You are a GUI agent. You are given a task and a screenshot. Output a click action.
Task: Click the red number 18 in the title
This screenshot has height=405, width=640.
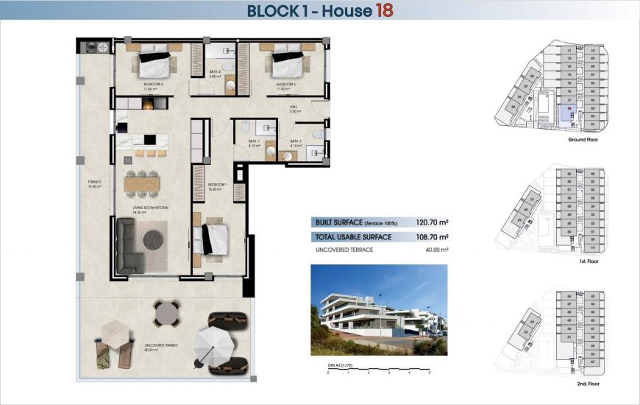[x=385, y=10]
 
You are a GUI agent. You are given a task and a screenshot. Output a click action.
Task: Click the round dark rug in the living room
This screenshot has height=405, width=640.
[x=154, y=239]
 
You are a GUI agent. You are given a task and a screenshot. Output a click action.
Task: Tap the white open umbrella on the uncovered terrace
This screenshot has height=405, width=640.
[x=213, y=343]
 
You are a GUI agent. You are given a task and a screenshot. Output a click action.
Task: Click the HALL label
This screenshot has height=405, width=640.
[x=293, y=107]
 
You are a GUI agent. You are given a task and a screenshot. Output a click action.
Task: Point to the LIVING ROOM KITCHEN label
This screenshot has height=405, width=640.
[x=151, y=209]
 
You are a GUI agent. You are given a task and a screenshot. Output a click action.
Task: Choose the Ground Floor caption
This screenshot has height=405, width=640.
[x=580, y=138]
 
